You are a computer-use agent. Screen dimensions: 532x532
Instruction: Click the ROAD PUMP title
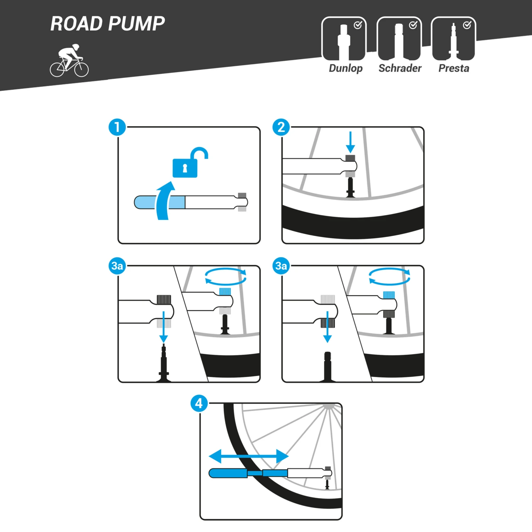click(107, 24)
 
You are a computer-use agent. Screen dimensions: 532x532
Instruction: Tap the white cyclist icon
click(69, 61)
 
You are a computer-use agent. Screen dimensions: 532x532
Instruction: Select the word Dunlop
click(345, 68)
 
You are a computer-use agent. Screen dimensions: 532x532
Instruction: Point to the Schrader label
click(400, 68)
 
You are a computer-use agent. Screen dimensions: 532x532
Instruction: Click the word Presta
click(454, 68)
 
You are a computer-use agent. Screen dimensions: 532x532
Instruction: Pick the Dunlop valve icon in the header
click(344, 39)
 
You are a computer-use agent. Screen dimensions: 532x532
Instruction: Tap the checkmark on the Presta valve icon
click(467, 25)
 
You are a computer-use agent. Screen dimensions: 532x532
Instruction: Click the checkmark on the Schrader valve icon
click(413, 25)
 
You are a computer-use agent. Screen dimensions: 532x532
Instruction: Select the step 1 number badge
click(117, 127)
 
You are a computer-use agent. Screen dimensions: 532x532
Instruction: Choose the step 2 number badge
click(281, 127)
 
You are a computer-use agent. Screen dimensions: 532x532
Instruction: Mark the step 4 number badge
click(199, 403)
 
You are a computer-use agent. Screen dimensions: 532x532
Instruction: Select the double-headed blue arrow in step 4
click(249, 456)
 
